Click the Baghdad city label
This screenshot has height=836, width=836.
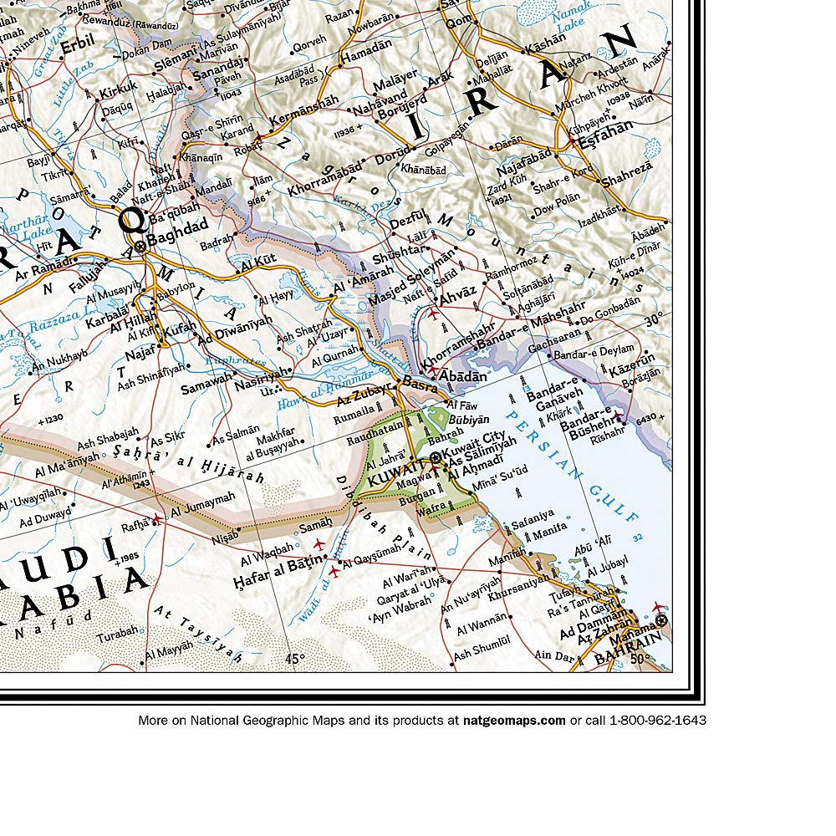(179, 226)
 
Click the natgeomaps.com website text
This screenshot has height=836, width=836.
(514, 720)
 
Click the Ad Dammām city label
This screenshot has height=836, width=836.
(592, 632)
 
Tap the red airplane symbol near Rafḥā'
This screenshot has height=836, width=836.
(156, 518)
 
